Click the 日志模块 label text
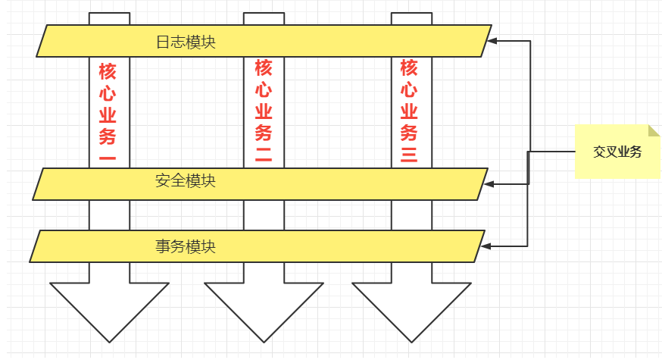(186, 42)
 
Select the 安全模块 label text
(186, 181)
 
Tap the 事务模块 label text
(186, 246)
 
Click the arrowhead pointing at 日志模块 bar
(492, 41)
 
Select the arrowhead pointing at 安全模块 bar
(489, 183)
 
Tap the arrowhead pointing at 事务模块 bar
(486, 246)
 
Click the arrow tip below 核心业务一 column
(109, 340)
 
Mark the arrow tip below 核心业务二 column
(264, 340)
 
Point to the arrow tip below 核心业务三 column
(411, 340)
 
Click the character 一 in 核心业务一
(108, 158)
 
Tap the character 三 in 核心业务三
(409, 156)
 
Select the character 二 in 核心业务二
(263, 156)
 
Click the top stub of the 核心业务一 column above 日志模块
(109, 18)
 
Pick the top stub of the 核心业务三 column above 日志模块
(411, 18)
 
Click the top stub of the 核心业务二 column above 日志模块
(264, 18)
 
